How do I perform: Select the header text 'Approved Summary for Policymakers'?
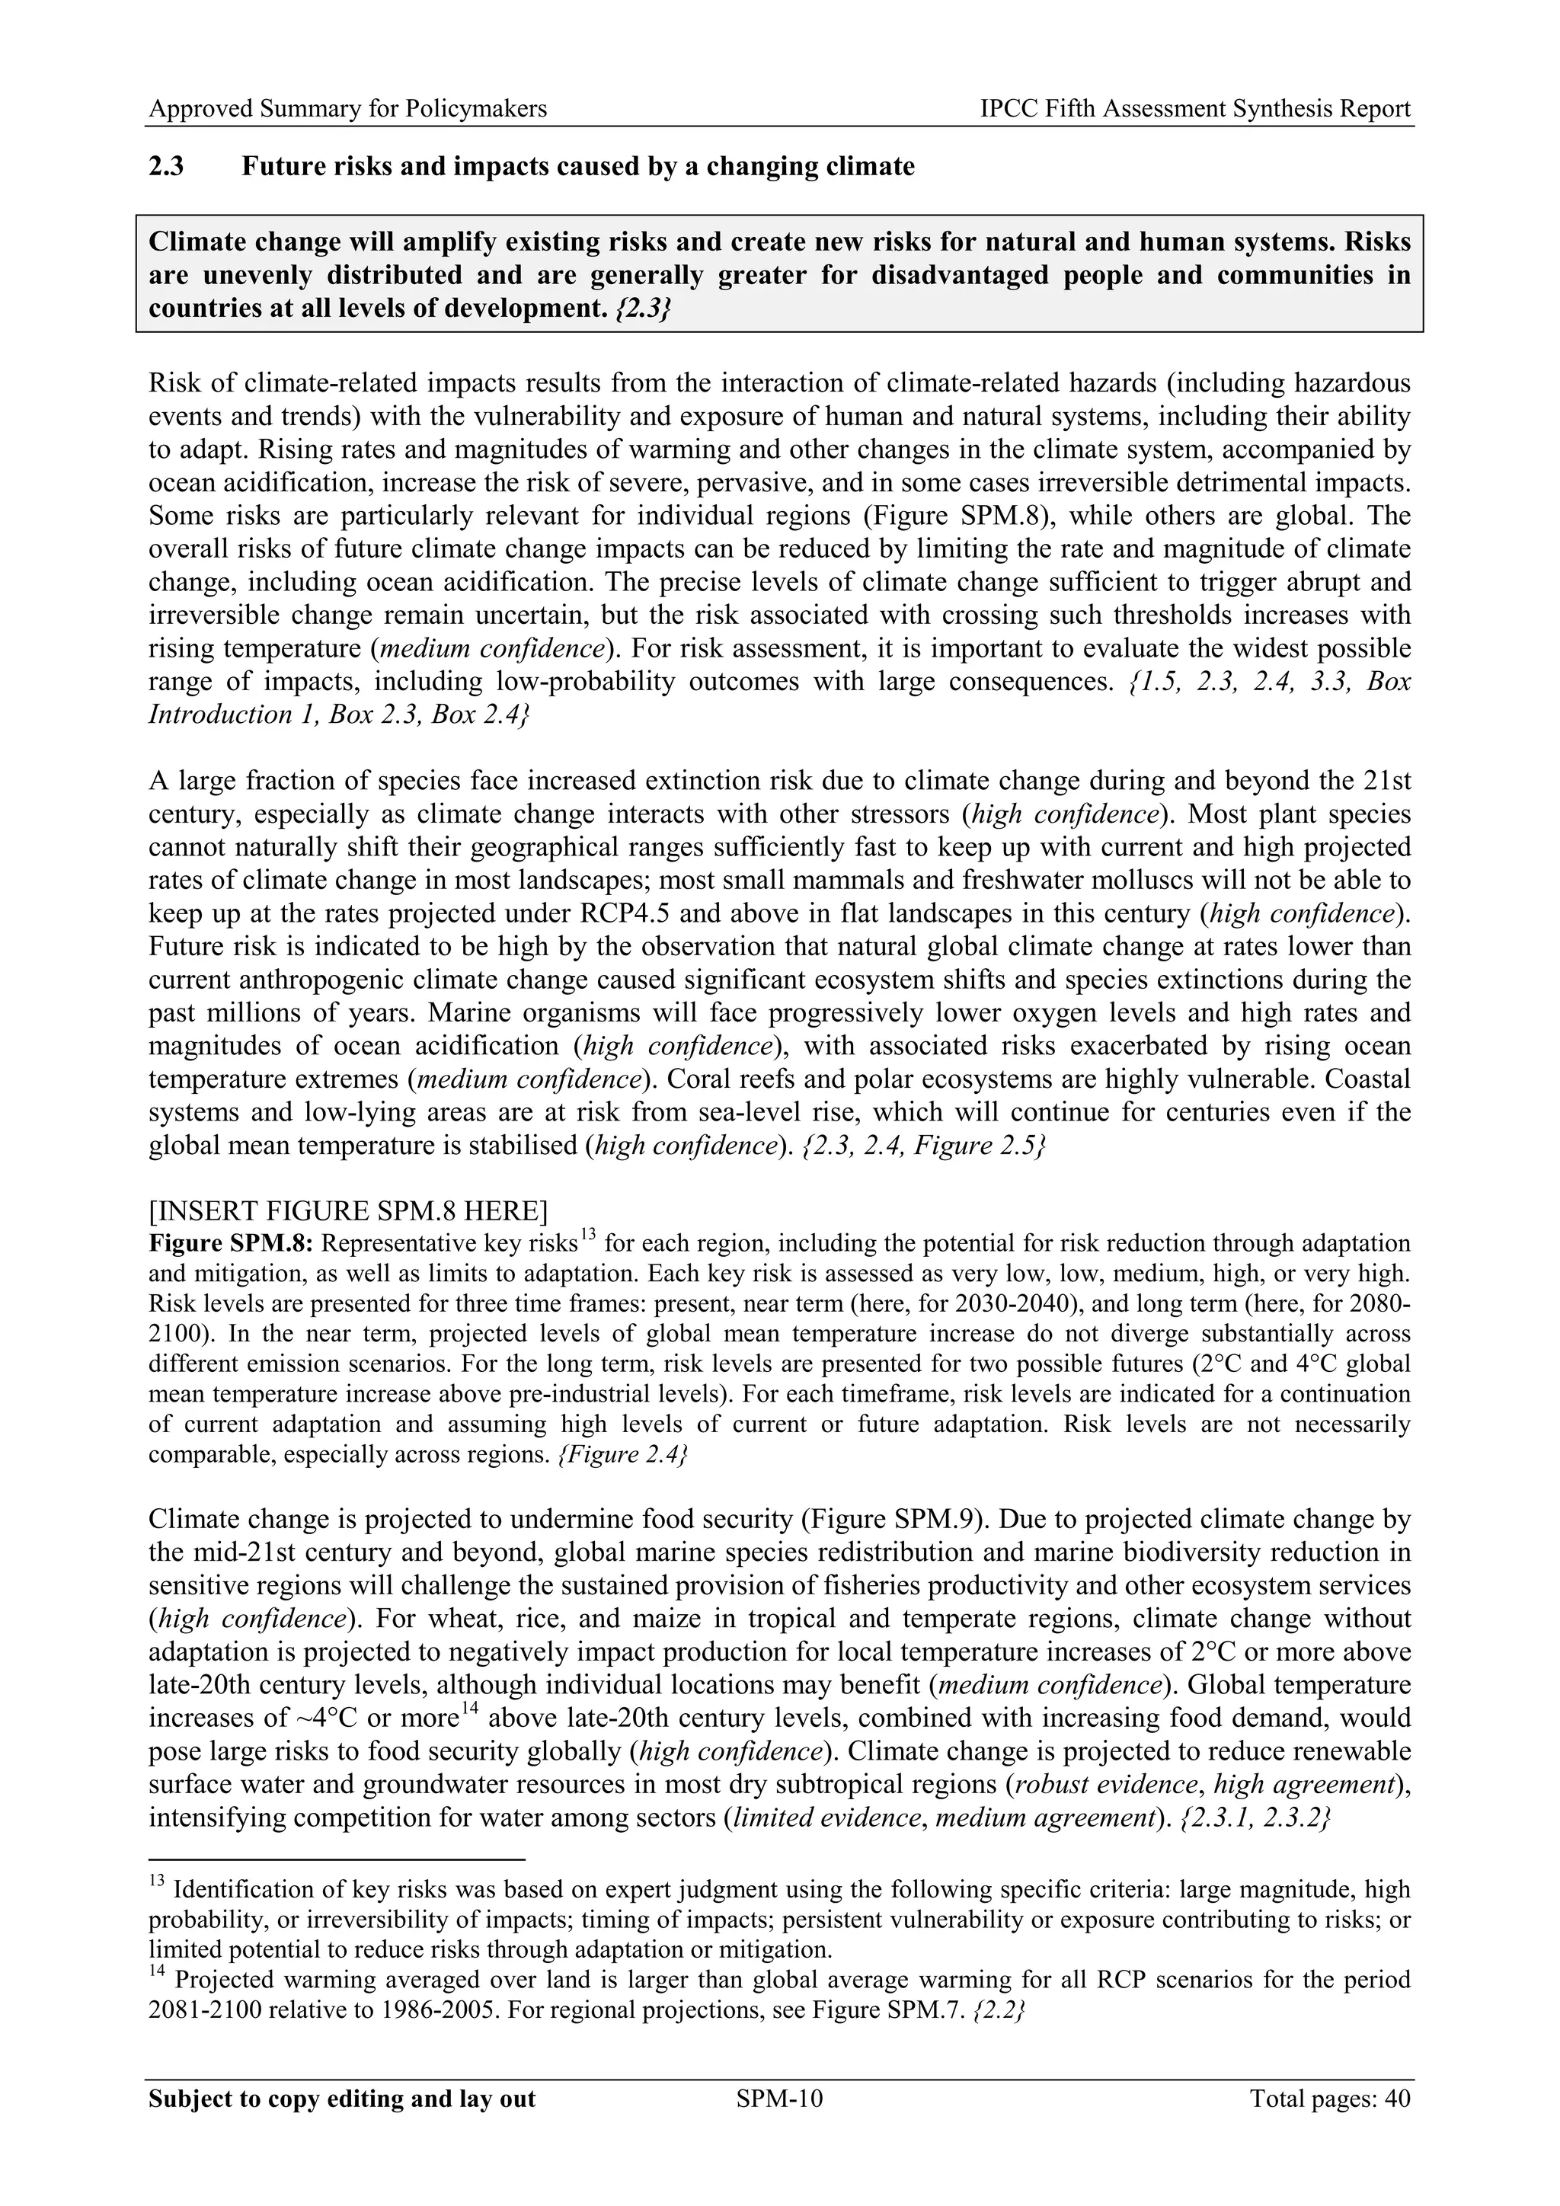(348, 109)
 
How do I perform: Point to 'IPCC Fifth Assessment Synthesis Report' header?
(1195, 109)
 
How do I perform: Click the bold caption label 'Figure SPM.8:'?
(231, 1243)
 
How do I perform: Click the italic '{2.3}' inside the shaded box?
(641, 309)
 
